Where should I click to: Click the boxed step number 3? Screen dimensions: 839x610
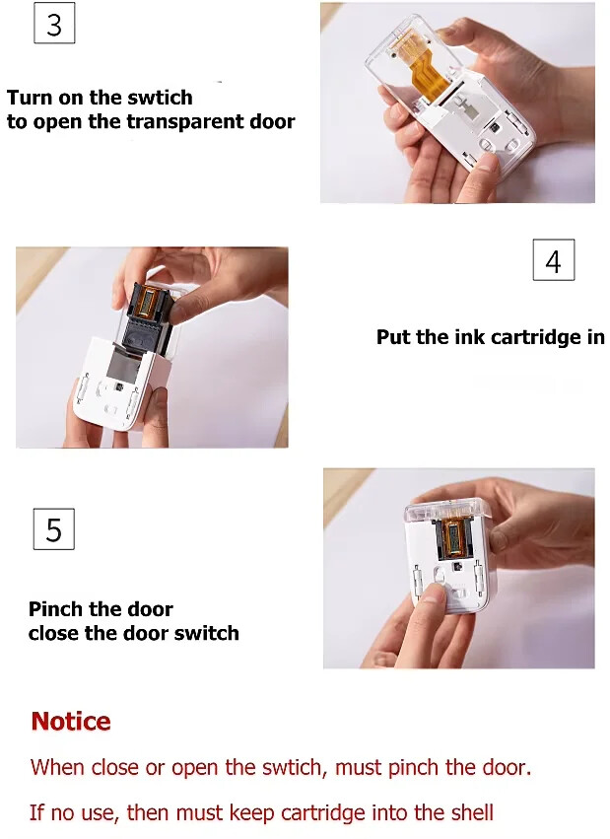click(54, 24)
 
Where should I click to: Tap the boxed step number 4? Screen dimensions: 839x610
click(553, 260)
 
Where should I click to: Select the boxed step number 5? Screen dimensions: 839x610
click(54, 529)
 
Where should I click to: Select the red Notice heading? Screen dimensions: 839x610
click(71, 722)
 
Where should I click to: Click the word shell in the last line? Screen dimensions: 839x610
click(469, 813)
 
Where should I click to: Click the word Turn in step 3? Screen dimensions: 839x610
click(30, 98)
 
